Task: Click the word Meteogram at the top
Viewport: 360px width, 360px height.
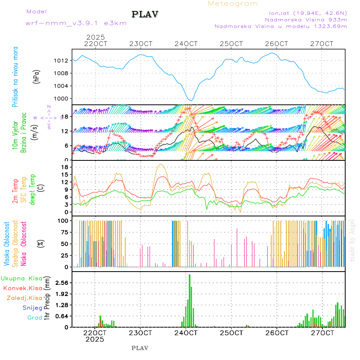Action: pyautogui.click(x=233, y=4)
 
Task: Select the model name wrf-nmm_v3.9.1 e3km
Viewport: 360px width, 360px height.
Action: pyautogui.click(x=76, y=23)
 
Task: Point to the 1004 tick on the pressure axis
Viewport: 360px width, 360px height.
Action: pyautogui.click(x=61, y=86)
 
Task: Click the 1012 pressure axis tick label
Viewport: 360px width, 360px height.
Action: pyautogui.click(x=61, y=61)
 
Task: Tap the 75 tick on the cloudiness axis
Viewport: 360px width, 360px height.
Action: pyautogui.click(x=63, y=232)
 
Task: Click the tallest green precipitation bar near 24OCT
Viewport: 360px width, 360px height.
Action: pyautogui.click(x=190, y=300)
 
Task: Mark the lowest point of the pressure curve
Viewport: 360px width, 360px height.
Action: pyautogui.click(x=192, y=100)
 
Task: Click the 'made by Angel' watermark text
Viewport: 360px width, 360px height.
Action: pyautogui.click(x=352, y=240)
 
